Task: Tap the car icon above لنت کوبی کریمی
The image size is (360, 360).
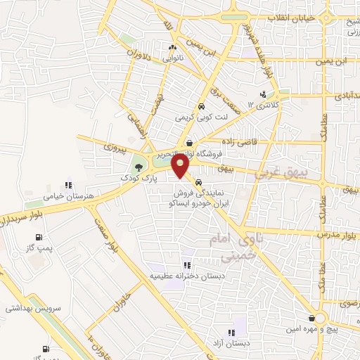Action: [202, 107]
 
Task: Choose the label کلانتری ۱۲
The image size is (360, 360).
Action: [264, 105]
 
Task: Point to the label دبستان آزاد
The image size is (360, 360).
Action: [230, 342]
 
